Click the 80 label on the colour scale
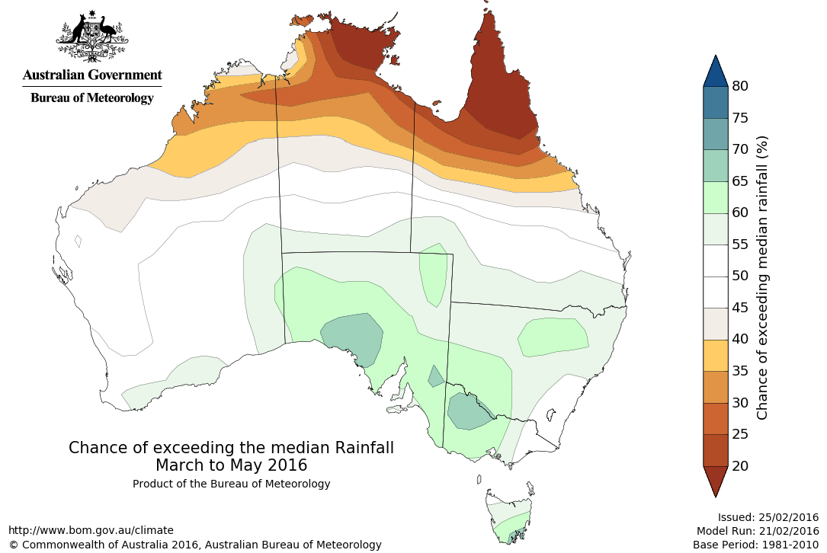point(740,86)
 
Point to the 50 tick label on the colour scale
point(740,276)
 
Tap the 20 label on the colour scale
point(740,465)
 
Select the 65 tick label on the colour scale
point(740,181)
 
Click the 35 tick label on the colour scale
point(740,370)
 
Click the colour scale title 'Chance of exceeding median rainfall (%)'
point(762,277)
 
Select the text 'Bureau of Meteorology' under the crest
point(92,97)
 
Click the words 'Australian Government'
point(92,75)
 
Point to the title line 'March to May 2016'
point(231,465)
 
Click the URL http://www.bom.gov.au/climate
point(91,530)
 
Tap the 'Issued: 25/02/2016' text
point(768,516)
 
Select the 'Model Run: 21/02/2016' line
point(758,531)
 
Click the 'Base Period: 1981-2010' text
point(755,545)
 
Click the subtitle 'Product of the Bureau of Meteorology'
point(231,484)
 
